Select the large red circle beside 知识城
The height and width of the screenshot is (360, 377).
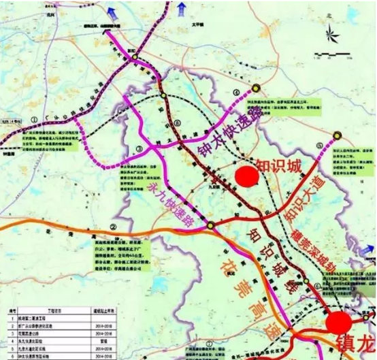pyautogui.click(x=246, y=176)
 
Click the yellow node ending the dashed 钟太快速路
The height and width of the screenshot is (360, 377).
pyautogui.click(x=257, y=87)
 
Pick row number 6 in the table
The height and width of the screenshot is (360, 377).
pyautogui.click(x=6, y=355)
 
